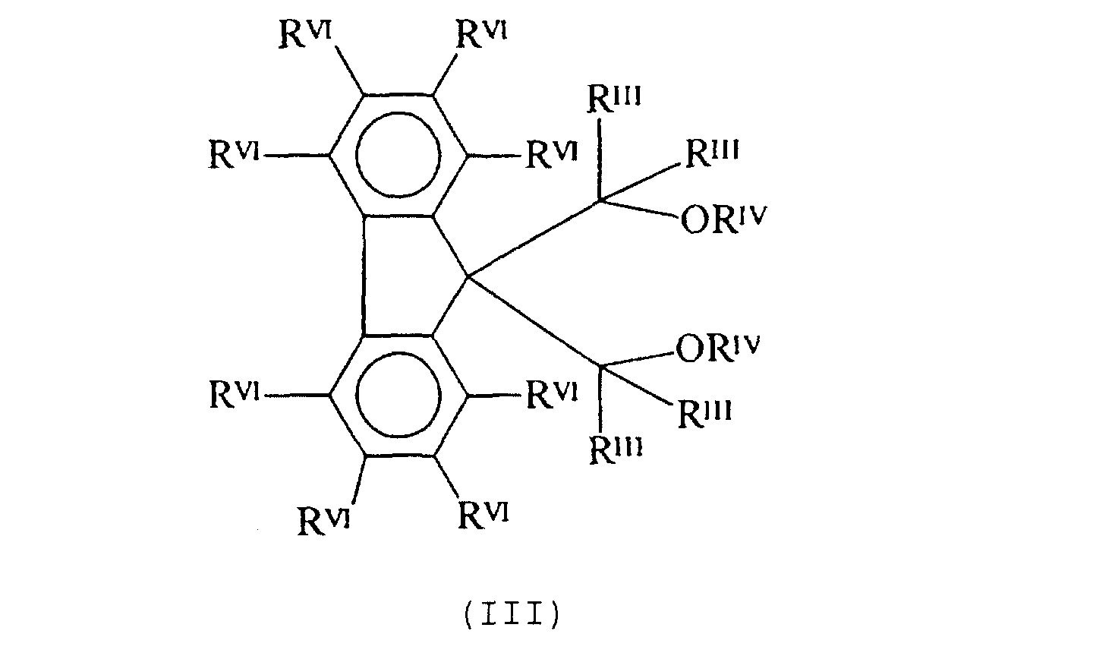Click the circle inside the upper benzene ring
pyautogui.click(x=398, y=155)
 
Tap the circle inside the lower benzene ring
pyautogui.click(x=398, y=395)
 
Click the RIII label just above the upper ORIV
pyautogui.click(x=712, y=155)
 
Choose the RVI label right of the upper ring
pyautogui.click(x=552, y=156)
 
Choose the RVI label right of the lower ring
pyautogui.click(x=552, y=396)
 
